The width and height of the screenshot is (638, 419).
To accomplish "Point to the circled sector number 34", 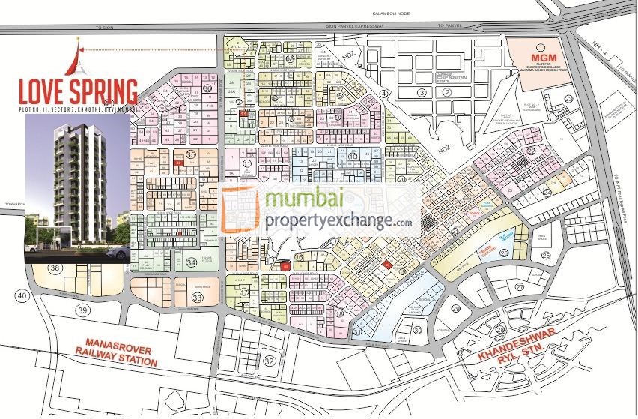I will point(192,262).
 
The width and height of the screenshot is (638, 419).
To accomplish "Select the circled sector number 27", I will point(519,286).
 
